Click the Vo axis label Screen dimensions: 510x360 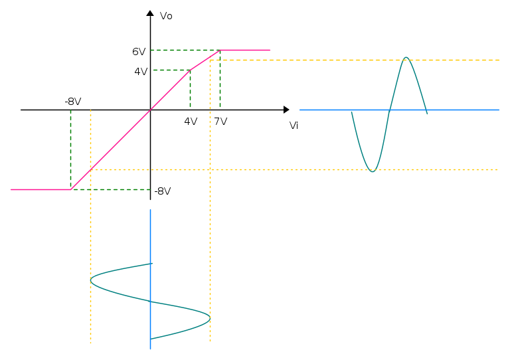pyautogui.click(x=166, y=16)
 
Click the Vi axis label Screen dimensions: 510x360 pyautogui.click(x=294, y=126)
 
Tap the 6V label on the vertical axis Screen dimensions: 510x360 pyautogui.click(x=139, y=52)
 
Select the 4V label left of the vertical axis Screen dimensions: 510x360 pyautogui.click(x=141, y=72)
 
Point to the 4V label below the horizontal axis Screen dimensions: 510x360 pyautogui.click(x=191, y=122)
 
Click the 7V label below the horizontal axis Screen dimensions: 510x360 pyautogui.click(x=221, y=122)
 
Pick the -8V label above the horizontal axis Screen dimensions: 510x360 pyautogui.click(x=73, y=102)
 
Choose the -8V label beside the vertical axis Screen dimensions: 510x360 pyautogui.click(x=163, y=191)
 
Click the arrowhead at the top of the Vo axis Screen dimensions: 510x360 pyautogui.click(x=150, y=13)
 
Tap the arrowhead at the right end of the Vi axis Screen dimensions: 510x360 pyautogui.click(x=286, y=110)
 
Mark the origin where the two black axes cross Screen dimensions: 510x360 pyautogui.click(x=150, y=110)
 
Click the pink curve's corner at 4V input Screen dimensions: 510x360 pyautogui.click(x=191, y=70)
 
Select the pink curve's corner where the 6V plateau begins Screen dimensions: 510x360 pyautogui.click(x=220, y=50)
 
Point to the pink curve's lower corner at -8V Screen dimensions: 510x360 pyautogui.click(x=71, y=189)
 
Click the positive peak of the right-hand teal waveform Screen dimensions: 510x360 pyautogui.click(x=406, y=58)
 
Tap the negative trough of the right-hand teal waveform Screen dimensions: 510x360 pyautogui.click(x=373, y=171)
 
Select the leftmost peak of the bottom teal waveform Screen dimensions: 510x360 pyautogui.click(x=91, y=280)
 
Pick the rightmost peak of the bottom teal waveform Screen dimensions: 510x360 pyautogui.click(x=210, y=317)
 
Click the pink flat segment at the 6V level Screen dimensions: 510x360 pyautogui.click(x=245, y=50)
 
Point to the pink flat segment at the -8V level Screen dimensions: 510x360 pyautogui.click(x=41, y=189)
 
